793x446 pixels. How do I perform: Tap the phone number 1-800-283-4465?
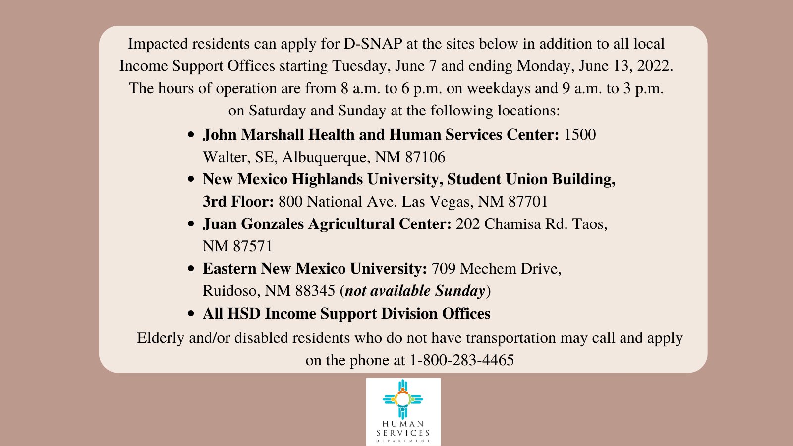[462, 360]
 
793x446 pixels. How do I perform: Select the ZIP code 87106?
[425, 157]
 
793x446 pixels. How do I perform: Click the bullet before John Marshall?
[191, 135]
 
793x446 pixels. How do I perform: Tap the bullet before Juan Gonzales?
[191, 224]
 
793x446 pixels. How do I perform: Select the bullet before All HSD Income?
[191, 314]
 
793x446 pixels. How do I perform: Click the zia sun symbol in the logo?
[403, 399]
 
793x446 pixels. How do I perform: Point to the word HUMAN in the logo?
[403, 424]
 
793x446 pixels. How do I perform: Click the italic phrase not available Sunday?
[415, 291]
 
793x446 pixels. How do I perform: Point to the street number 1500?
[580, 135]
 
